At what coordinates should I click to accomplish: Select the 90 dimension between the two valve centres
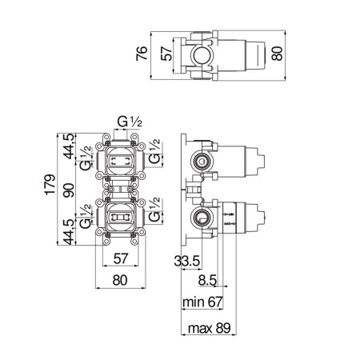click(x=70, y=189)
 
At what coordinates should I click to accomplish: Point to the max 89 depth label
click(x=206, y=328)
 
